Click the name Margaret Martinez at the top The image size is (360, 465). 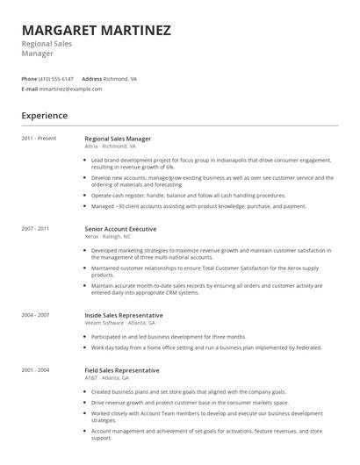96,30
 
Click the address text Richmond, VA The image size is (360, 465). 120,78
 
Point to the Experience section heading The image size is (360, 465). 45,115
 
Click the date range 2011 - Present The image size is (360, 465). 39,139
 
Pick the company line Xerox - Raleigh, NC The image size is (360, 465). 107,237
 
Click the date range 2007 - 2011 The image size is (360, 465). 35,229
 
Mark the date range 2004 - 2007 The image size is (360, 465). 35,314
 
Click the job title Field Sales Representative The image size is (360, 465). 122,370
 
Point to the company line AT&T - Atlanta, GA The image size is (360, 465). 105,378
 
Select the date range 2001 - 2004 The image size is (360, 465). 35,370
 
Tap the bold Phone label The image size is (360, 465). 29,78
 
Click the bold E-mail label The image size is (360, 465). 30,89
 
